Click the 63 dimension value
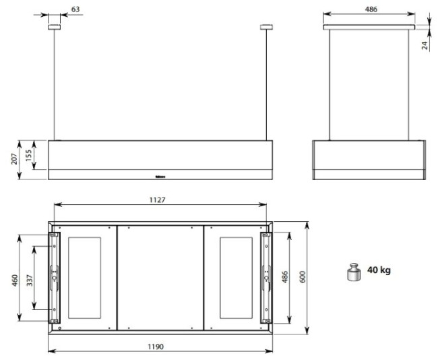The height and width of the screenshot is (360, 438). tap(75, 9)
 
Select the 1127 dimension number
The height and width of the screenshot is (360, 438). tap(157, 200)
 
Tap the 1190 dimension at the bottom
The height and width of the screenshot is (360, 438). tap(156, 347)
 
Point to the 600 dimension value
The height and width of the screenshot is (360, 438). tap(303, 276)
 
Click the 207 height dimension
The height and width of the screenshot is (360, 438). tap(15, 158)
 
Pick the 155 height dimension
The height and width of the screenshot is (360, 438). tap(28, 156)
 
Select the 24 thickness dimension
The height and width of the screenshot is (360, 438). tap(425, 45)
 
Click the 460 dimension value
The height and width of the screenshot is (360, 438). tap(15, 280)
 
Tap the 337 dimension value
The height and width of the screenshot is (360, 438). tap(30, 280)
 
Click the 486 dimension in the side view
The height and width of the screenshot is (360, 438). tap(371, 9)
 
